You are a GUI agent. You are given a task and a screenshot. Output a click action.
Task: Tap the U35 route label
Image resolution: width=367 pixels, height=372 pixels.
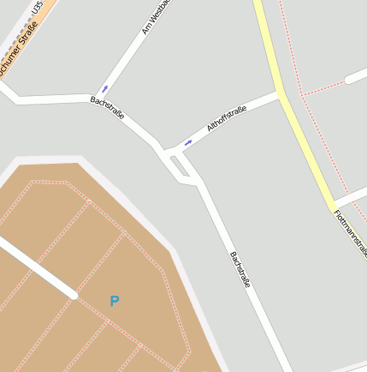click(x=37, y=8)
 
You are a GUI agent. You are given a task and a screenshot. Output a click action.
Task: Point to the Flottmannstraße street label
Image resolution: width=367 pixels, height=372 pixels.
click(x=351, y=232)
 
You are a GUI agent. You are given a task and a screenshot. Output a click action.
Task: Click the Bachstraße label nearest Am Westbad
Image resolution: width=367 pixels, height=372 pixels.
click(x=109, y=110)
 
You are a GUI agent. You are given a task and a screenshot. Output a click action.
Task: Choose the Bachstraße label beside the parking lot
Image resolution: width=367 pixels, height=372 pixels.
click(x=239, y=268)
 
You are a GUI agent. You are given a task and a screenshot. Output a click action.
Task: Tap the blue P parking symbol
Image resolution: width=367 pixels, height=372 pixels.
click(x=115, y=301)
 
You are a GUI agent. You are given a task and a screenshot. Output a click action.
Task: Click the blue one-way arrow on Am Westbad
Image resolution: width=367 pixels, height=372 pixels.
click(x=105, y=87)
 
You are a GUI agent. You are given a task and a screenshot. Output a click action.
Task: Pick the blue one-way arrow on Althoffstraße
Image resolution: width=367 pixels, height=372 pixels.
click(x=188, y=142)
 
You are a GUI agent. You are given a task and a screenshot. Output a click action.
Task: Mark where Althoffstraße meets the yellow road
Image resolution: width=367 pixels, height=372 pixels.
click(x=281, y=94)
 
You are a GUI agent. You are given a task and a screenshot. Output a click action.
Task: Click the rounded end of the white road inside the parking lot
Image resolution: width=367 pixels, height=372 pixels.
click(x=74, y=295)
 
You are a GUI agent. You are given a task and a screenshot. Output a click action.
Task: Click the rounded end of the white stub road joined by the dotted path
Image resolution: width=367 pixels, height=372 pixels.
click(x=348, y=80)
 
